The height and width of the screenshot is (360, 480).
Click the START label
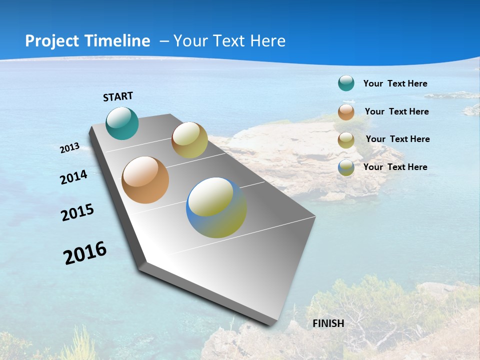[x=118, y=96]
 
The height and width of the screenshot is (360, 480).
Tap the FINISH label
[x=328, y=323]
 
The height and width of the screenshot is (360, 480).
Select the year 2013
[x=69, y=148]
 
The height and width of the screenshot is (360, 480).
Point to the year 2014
[x=73, y=177]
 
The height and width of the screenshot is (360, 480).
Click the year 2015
[x=77, y=212]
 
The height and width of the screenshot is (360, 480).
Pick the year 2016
[x=85, y=253]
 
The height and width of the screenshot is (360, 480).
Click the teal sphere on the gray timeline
[x=122, y=123]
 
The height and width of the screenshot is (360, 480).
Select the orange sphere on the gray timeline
[x=145, y=180]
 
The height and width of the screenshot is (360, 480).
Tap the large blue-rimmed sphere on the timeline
[x=216, y=207]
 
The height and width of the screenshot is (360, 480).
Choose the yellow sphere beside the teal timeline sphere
[x=189, y=140]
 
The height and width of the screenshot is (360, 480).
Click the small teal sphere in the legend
[x=346, y=83]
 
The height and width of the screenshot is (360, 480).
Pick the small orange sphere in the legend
[x=346, y=112]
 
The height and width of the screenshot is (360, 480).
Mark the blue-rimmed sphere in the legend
[x=346, y=167]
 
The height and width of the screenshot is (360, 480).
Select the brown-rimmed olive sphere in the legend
[x=346, y=140]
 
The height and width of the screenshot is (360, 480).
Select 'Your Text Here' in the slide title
[x=229, y=41]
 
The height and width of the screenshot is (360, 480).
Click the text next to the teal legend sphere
[x=395, y=83]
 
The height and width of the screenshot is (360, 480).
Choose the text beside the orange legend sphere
[x=396, y=111]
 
